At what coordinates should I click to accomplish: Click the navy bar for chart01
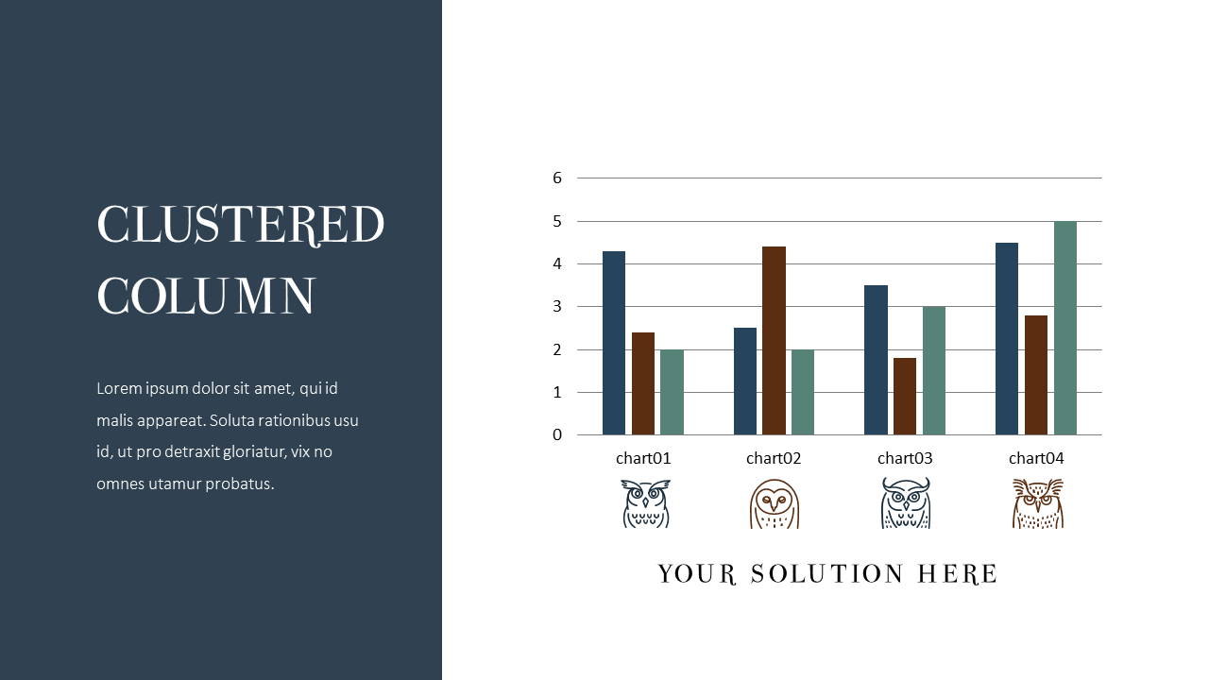tap(614, 343)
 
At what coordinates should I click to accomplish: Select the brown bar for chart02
tap(775, 340)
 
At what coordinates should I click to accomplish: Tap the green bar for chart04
tap(1065, 328)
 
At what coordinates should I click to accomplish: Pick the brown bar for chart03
tap(905, 396)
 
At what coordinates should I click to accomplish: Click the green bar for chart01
tap(672, 392)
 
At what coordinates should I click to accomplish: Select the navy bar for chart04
tap(1007, 338)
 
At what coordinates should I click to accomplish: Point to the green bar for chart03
tap(934, 370)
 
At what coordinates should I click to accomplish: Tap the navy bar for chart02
tap(745, 381)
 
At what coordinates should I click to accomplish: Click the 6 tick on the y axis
tap(557, 178)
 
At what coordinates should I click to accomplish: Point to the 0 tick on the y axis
tap(557, 434)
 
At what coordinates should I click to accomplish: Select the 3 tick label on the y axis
tap(557, 306)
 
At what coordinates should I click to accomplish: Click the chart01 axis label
tap(643, 458)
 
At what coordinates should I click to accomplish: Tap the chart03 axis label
tap(905, 458)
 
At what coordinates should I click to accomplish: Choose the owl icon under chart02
tap(775, 503)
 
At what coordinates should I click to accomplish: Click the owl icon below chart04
tap(1037, 503)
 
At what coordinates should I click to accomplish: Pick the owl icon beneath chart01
tap(645, 503)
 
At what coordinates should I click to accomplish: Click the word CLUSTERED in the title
tap(241, 226)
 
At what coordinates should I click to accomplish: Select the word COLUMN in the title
tap(206, 297)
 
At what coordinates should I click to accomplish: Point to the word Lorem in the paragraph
tap(118, 388)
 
